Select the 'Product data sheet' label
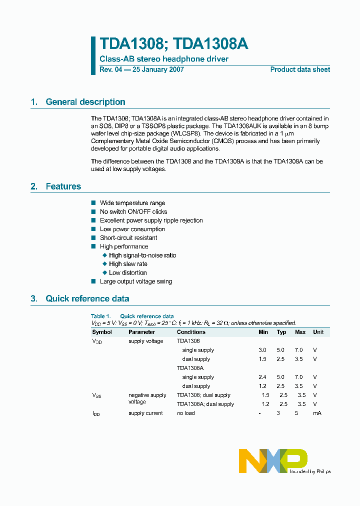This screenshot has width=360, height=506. tap(300, 69)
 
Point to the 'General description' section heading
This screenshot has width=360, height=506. tap(85, 102)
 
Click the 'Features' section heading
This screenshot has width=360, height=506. tap(63, 186)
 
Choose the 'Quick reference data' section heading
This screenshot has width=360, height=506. tap(87, 298)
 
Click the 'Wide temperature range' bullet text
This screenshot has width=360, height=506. tap(132, 203)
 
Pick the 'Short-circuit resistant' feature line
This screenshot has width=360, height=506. tap(128, 238)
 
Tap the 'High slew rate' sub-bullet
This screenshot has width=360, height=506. tap(128, 264)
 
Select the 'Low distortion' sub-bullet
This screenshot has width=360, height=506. tap(128, 273)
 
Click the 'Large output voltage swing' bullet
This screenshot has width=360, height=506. tap(136, 281)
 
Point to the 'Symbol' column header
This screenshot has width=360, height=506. tap(102, 332)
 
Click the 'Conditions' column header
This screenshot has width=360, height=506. tap(191, 332)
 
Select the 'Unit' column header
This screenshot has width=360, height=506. tap(318, 332)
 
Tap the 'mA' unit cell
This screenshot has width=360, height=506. tap(317, 413)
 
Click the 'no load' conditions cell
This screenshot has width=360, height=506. tap(186, 413)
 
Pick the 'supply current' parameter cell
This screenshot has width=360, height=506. tap(145, 413)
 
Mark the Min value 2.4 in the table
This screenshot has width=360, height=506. tap(263, 377)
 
